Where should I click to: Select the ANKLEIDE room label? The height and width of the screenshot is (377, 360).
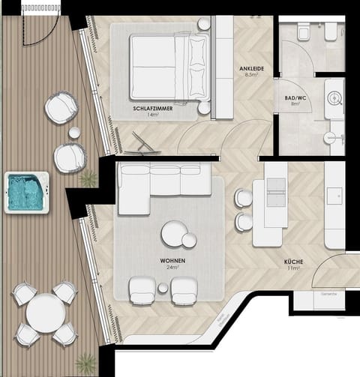[250, 70]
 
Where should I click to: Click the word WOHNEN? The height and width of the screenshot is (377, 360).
[173, 261]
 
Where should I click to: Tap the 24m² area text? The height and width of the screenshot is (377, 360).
[173, 268]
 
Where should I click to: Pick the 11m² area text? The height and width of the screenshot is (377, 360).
[293, 268]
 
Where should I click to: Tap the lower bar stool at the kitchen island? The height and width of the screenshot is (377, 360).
[244, 222]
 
